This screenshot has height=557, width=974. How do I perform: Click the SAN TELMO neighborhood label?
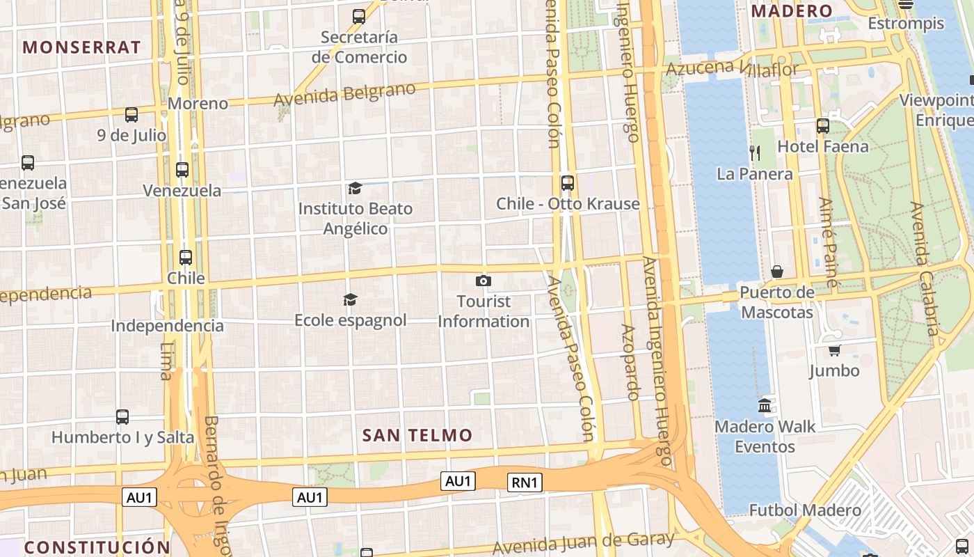pos(417,435)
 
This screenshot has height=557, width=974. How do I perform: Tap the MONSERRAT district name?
pos(82,47)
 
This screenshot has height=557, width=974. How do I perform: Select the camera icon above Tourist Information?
pos(484,281)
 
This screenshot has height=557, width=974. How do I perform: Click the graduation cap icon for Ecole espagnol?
pos(350,299)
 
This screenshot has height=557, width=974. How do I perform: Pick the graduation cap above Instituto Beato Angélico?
pos(355,188)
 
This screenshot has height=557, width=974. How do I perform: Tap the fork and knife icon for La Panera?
pos(755,152)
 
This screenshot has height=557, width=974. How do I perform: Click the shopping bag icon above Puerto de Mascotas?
pos(777,271)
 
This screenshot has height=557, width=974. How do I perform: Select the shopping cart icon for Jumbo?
pos(834,350)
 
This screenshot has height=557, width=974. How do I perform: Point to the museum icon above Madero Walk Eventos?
pos(765,405)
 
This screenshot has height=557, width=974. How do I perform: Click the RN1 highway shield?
pos(525,483)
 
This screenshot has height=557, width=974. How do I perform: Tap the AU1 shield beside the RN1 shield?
pos(458,480)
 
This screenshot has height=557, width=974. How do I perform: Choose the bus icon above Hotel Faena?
pos(823,126)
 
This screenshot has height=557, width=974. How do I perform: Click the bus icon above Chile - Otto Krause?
pos(568,183)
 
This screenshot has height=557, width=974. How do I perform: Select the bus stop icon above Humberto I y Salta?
pos(122,416)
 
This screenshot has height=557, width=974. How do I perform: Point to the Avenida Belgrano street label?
pos(344,94)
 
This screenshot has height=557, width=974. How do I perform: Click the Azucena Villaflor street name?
pos(732,68)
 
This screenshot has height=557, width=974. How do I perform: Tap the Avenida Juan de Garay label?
pos(584,542)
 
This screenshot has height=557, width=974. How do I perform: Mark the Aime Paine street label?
pos(829,242)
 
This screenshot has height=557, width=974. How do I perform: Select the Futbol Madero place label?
pos(805,510)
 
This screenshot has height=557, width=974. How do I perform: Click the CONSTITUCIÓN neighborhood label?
pos(97,547)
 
